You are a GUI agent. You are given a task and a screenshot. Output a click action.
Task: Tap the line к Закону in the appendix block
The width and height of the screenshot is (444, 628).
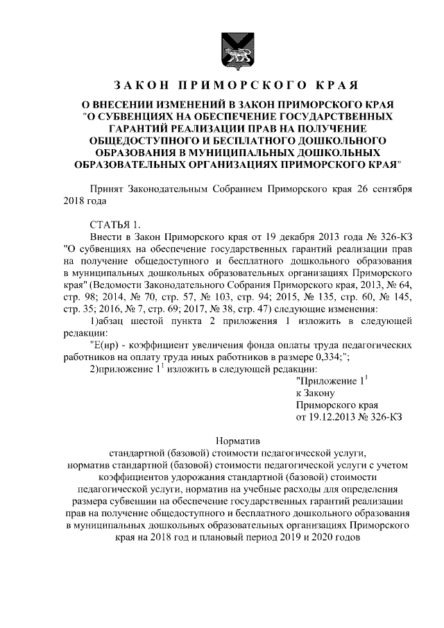click(x=316, y=392)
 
